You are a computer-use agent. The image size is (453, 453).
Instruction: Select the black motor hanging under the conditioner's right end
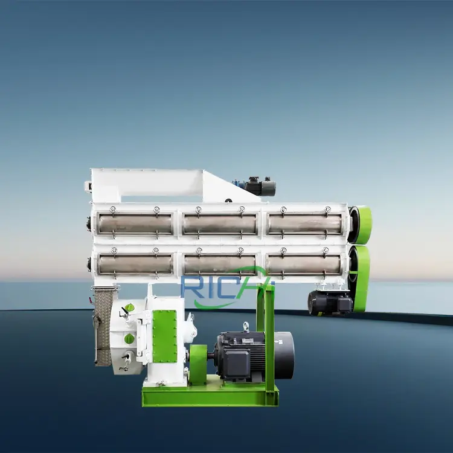click(x=329, y=302)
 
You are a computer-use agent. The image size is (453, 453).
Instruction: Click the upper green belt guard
click(x=361, y=224)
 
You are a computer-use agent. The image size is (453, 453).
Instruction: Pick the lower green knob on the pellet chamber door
click(x=129, y=339)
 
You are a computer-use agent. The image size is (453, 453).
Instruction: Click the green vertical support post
click(x=269, y=338)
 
